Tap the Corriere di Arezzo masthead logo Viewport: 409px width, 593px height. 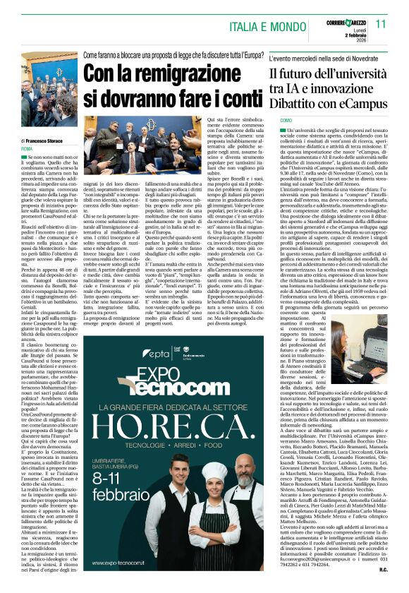[x=335, y=18]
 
